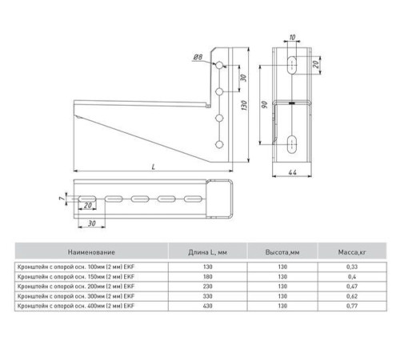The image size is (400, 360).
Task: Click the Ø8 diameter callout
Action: (198, 57)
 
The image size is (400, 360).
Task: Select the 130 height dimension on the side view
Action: (244, 106)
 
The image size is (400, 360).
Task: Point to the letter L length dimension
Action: (154, 167)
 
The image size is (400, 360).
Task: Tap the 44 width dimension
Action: (292, 173)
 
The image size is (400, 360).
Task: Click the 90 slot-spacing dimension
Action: (264, 105)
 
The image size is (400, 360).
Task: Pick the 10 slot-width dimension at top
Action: (292, 37)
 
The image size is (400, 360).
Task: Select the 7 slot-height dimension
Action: (62, 198)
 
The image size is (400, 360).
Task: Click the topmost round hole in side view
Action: (219, 65)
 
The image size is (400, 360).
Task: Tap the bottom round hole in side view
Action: (219, 145)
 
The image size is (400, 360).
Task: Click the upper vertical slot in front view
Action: (292, 65)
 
